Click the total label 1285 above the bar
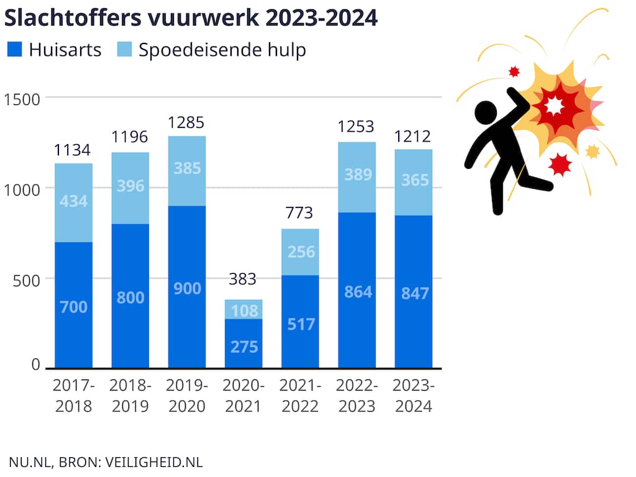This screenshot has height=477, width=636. coord(186,122)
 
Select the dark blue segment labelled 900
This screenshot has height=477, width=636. coord(187,287)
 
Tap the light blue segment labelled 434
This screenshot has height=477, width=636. coord(73,203)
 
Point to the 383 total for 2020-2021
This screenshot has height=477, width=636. coord(243,279)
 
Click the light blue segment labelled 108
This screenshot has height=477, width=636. coord(243,309)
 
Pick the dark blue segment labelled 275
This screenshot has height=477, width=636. coord(243,343)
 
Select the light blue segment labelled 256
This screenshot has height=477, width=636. coord(300,252)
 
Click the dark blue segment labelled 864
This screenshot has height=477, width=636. coord(357,291)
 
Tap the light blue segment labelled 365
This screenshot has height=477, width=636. coord(414,183)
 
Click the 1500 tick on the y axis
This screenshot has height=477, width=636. coord(22,100)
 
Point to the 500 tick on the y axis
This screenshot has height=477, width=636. coord(26,281)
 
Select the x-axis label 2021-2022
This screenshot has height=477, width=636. coord(300,396)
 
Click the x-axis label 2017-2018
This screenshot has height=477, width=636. coord(73,396)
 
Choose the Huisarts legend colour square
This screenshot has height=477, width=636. coord(15,49)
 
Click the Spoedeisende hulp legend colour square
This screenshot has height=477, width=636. coord(124,49)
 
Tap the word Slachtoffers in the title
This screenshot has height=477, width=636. coord(73,18)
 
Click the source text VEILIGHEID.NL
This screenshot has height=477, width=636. coord(154,462)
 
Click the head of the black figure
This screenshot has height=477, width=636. coord(486,112)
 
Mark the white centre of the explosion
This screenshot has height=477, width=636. coord(554,106)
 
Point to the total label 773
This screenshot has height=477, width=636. coord(299,212)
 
